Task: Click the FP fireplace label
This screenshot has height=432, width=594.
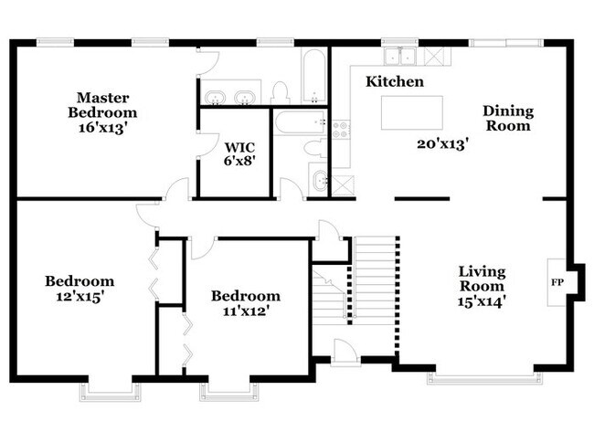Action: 557,282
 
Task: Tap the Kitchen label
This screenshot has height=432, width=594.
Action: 395,81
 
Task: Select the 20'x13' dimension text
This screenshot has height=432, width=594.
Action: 443,144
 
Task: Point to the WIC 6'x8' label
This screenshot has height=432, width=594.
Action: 239,153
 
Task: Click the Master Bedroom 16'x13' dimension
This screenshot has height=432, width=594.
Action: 101,129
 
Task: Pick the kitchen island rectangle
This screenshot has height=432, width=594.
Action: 412,113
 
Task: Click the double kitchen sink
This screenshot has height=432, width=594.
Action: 400,57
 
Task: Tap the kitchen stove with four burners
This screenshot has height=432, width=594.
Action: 341,129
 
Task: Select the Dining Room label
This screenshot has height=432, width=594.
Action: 508,118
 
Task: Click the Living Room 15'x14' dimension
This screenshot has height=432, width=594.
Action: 482,301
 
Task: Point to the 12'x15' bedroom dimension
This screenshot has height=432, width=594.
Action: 80,297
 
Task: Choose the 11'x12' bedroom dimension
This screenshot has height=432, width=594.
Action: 246,311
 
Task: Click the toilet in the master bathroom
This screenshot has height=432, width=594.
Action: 281,93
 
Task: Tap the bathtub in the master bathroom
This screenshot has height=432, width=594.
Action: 314,76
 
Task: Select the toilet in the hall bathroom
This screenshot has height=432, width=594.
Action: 315,149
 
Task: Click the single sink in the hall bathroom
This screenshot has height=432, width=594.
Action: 319,180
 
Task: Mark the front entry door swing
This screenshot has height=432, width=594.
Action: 344,353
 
